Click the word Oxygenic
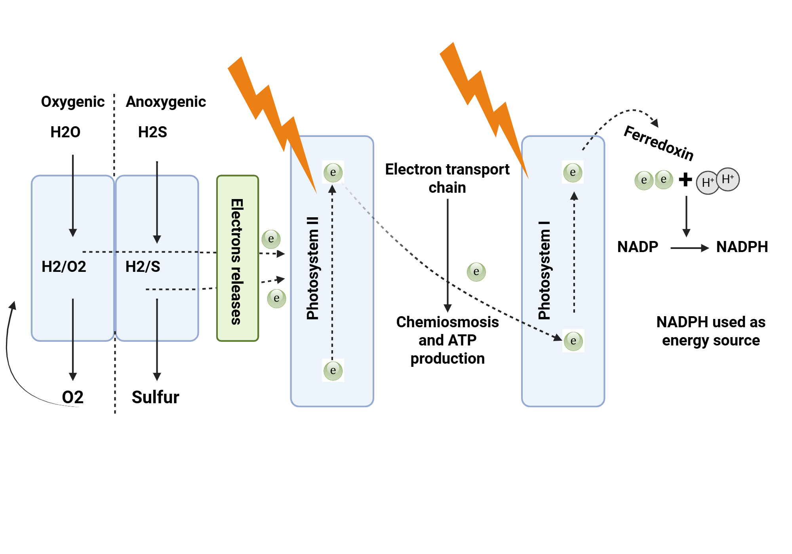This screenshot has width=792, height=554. click(73, 102)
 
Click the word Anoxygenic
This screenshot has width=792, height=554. click(166, 102)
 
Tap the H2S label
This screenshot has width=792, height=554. click(152, 132)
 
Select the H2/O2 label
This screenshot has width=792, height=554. click(64, 267)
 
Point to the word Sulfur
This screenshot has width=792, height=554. click(155, 397)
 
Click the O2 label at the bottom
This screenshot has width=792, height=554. click(73, 397)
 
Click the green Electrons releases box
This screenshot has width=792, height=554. click(238, 258)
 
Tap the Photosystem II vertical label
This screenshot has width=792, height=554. click(313, 268)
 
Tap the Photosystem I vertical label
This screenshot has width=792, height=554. click(544, 271)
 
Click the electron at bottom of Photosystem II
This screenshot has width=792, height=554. click(333, 371)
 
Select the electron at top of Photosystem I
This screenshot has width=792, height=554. click(573, 173)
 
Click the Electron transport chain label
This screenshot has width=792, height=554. click(447, 178)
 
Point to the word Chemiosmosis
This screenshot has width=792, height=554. click(447, 322)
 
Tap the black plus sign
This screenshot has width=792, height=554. click(685, 180)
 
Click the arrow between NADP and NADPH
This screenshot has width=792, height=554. click(689, 248)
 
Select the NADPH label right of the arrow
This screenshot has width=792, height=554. click(742, 247)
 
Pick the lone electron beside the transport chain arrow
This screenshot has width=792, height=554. click(476, 272)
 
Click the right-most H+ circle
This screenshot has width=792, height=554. click(728, 179)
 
